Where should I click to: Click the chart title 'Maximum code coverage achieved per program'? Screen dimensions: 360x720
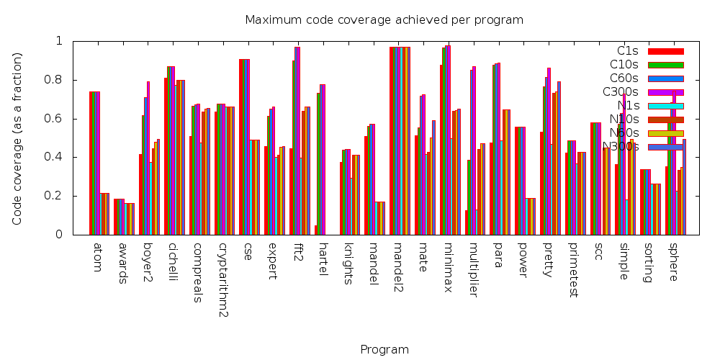point(384,19)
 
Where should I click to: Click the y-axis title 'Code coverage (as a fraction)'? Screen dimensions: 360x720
point(17,138)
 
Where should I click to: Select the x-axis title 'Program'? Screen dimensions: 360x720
point(384,350)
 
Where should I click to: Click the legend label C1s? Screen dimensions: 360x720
point(628,50)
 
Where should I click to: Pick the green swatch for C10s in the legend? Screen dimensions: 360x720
point(665,65)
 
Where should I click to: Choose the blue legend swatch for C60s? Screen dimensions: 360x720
point(665,78)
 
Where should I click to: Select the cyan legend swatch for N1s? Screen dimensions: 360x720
point(665,106)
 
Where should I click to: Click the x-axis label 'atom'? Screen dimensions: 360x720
point(98,258)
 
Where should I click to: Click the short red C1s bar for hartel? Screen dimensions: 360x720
point(316,230)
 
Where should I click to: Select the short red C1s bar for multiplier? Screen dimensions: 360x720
point(467,222)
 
